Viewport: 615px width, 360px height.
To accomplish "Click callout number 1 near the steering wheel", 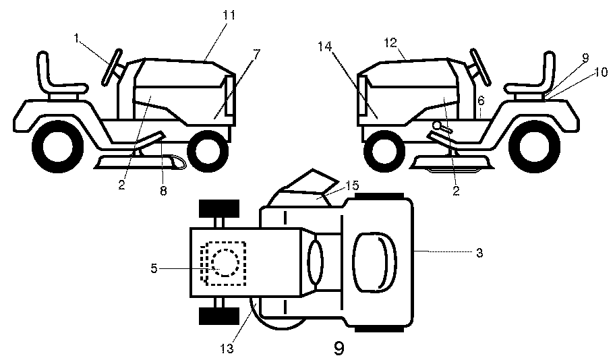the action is point(76,38).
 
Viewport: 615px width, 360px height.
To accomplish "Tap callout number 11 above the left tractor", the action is point(229,16).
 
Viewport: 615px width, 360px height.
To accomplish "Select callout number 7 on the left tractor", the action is point(256,54).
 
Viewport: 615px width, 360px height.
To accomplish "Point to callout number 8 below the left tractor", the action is point(163,191).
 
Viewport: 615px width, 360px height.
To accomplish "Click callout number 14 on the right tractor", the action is point(324,47).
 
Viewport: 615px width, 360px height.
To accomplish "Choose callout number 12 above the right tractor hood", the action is point(390,42).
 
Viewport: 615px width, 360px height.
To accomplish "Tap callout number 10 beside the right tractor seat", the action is point(601,71).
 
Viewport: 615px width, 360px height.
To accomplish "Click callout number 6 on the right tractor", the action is point(481,100).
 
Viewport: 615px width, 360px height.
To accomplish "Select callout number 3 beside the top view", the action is point(479,253).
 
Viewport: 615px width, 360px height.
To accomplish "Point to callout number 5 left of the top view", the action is point(154,268).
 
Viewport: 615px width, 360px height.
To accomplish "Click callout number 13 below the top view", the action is point(227,349).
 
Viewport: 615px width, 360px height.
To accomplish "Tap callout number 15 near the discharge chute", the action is point(352,185).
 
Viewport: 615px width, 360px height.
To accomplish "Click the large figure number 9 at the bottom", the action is point(339,348).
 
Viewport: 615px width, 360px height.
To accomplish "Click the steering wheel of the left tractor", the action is point(111,67).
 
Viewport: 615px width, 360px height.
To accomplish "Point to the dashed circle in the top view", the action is point(225,263).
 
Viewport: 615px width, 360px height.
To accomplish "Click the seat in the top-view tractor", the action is point(374,262).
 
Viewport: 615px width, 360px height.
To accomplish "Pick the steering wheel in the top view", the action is point(316,262).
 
